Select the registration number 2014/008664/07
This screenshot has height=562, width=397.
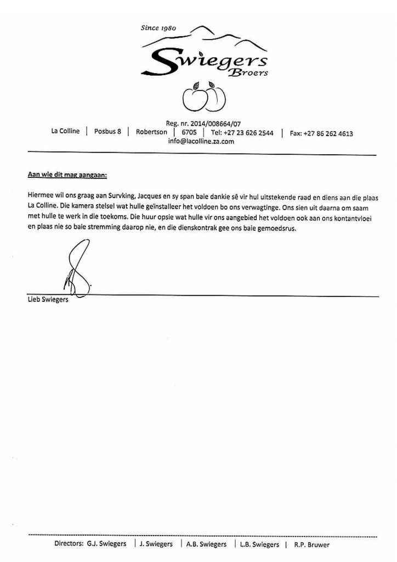[x=214, y=124]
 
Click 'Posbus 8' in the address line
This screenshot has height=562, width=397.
[x=107, y=132]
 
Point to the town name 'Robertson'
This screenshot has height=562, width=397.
[x=152, y=132]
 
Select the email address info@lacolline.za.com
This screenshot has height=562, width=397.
[x=201, y=140]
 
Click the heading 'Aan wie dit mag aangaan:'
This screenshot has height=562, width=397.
[x=68, y=175]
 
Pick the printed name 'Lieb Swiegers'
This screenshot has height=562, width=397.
[x=48, y=300]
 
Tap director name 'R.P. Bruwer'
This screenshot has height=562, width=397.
[x=311, y=544]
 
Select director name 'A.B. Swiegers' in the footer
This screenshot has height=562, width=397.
[x=206, y=544]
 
